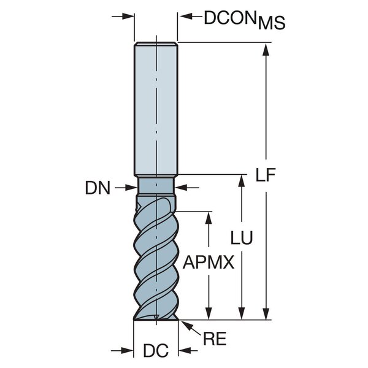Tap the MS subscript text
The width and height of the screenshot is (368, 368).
(x=272, y=23)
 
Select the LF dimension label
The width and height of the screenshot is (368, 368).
(x=266, y=175)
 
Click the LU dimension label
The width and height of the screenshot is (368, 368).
(x=242, y=237)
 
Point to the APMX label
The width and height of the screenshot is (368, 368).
(x=209, y=262)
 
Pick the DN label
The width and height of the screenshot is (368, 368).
(x=98, y=188)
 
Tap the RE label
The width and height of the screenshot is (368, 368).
(x=215, y=339)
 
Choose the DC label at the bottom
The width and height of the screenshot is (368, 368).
(x=156, y=351)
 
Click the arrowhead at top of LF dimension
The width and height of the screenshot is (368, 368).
(x=266, y=50)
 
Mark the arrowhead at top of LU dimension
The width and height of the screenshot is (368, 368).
(x=242, y=181)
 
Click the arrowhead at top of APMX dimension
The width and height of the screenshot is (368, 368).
(x=209, y=218)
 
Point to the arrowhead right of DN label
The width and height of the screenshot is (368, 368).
(x=182, y=188)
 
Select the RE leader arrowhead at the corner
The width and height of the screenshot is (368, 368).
(x=186, y=325)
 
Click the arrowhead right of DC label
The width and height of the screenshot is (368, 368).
(x=185, y=351)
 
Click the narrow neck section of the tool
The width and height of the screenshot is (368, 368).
(x=156, y=186)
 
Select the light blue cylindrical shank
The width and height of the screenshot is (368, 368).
(x=156, y=110)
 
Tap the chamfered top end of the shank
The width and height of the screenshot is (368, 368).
(x=156, y=44)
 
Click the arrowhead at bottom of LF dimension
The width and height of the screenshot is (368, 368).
(x=266, y=313)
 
